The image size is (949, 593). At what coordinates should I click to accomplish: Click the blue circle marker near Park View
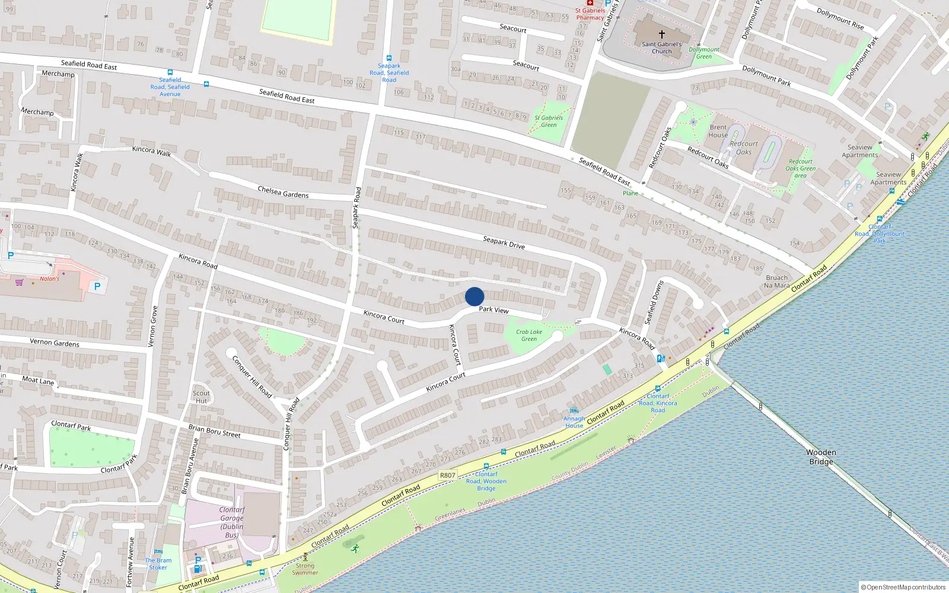point(474,296)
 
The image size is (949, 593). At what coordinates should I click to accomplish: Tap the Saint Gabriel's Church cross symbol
point(662,34)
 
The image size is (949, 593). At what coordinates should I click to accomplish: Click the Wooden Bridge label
point(821,457)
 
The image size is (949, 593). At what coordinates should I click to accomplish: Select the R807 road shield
point(448,475)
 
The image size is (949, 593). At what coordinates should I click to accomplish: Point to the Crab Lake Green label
point(528,336)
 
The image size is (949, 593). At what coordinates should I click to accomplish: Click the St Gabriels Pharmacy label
point(590,14)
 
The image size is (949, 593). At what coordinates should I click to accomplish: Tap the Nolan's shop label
point(50,279)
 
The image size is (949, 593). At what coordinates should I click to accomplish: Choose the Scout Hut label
point(201,397)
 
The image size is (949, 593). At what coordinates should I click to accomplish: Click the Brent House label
point(718,131)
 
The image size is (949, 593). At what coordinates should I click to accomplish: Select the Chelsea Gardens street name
point(283,192)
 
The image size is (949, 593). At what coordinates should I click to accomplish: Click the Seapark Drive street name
point(504,243)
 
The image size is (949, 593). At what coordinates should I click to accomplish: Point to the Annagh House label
point(574,422)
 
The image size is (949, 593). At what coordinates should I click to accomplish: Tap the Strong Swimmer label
point(305,569)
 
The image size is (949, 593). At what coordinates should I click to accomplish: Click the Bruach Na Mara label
point(776,282)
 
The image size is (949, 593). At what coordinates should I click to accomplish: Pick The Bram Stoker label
point(158,564)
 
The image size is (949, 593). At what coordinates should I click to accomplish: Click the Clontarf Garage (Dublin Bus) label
point(231,522)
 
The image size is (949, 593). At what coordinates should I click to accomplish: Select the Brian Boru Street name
point(214,431)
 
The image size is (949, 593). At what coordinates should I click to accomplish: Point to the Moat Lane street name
point(38,380)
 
